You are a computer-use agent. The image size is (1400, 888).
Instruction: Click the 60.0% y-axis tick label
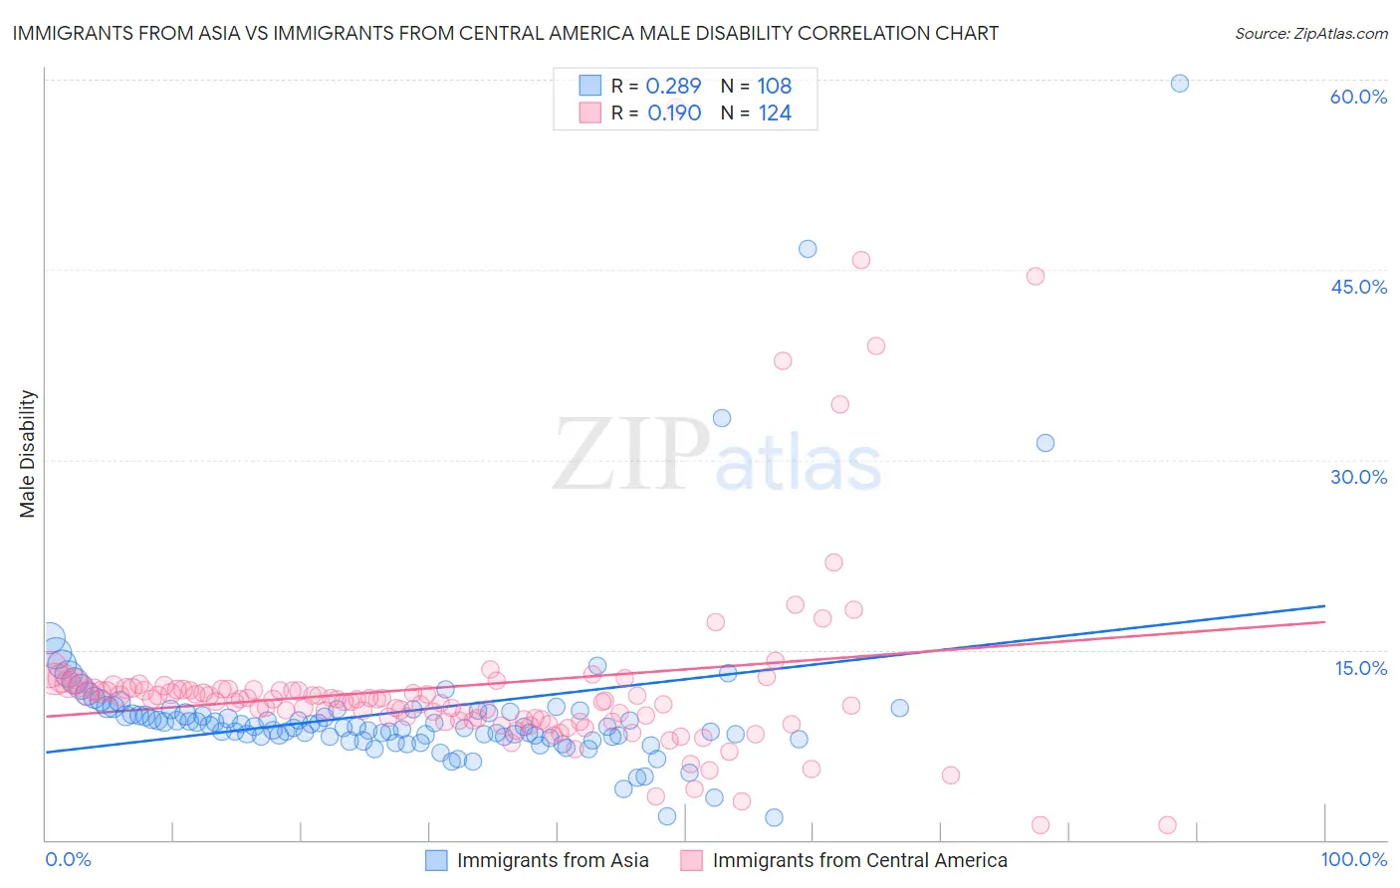pos(1358,97)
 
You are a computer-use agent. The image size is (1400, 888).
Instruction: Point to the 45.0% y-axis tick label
pos(1358,287)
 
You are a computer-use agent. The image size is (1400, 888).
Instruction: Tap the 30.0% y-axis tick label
pos(1358,477)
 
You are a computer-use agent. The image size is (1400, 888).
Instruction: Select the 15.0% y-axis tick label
pos(1360,667)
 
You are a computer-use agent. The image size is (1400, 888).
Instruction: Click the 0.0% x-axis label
pos(68,859)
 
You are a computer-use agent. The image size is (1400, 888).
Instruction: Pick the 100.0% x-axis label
pos(1353,859)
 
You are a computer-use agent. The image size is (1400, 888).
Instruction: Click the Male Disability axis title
pos(28,453)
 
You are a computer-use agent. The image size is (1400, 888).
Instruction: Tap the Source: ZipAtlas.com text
pos(1310,33)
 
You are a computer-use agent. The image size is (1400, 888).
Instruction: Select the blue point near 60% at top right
pos(1179,84)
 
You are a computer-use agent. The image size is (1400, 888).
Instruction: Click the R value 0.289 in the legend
pos(673,86)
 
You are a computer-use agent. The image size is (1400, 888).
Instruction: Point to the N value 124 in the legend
pos(775,113)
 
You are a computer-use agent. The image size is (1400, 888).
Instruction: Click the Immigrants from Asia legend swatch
pos(436,860)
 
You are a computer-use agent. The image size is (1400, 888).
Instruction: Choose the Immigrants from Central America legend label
pos(859,860)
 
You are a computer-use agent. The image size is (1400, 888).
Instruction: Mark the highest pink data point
pos(861,260)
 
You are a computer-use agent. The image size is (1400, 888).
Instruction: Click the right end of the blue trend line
pos(1324,605)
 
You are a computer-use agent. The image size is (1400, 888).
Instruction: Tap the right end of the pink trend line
pos(1324,622)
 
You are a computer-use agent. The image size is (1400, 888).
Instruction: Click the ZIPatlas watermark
pos(717,456)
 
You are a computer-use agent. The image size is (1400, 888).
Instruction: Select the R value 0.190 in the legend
pos(674,113)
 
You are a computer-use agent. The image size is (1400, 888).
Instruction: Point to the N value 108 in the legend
pos(775,86)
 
